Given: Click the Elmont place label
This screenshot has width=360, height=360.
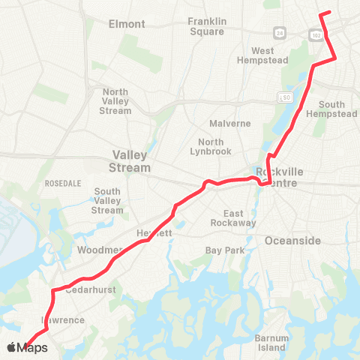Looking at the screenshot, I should pos(127,24).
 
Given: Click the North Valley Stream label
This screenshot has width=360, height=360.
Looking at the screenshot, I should pos(115,101).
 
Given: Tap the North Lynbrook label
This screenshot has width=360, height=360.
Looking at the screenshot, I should pos(216,147).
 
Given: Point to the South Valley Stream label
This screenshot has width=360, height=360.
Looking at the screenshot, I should pos(107,201).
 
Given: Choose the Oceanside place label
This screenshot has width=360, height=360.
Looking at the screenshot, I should pos(292,241).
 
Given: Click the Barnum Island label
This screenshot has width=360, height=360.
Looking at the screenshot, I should pos(271,343).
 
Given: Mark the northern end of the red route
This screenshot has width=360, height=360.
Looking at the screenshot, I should pos(330,12).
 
